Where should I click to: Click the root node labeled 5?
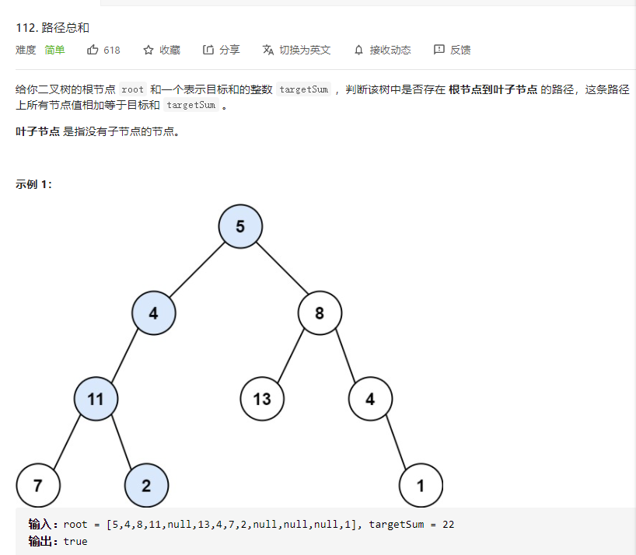pos(240,226)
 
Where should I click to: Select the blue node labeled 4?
pos(153,313)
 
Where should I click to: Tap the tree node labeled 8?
pos(320,313)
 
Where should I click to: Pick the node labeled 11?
pos(96,400)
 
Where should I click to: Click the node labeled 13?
pos(262,400)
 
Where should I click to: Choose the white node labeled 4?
pos(370,400)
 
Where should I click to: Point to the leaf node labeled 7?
pos(37,486)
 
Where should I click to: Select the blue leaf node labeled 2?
pos(146,486)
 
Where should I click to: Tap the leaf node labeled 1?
pos(421,486)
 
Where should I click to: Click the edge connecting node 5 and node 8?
pos(280,270)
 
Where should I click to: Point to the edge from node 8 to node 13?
pos(290,357)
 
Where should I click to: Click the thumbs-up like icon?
pos(93,50)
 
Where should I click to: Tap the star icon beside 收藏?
pos(149,50)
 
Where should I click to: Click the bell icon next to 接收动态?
pos(358,50)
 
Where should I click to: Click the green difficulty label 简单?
pos(54,50)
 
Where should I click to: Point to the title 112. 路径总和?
pos(52,27)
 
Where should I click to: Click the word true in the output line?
pos(75,541)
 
